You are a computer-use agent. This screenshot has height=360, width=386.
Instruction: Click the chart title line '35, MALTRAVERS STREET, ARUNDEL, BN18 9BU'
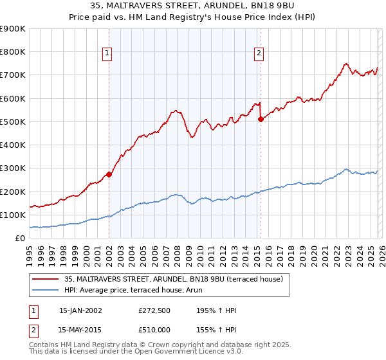193,6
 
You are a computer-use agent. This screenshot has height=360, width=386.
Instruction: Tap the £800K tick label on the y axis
13,52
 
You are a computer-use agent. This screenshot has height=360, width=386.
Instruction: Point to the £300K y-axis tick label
13,168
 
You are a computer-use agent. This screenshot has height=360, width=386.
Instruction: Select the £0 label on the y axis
20,238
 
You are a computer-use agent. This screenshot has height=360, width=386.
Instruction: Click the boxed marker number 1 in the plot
107,54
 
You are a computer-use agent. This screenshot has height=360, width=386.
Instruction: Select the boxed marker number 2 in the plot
259,54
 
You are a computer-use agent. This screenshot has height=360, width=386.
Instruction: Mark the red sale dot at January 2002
109,174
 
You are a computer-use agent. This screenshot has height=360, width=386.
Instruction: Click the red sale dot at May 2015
261,119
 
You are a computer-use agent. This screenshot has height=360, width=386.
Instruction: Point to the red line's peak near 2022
346,64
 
